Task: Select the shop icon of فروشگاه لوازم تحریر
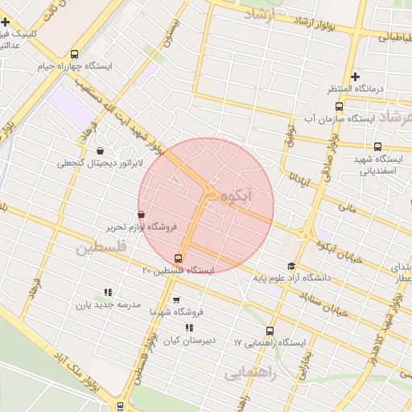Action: point(142,215)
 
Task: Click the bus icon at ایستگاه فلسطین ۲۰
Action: point(178,259)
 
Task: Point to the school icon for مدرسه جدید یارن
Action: point(107,293)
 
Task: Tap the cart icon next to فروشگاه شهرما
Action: point(175,299)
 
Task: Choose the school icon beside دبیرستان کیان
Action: point(188,328)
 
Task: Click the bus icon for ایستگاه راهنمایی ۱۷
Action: point(269,332)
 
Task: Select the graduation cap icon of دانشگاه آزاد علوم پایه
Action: point(290,266)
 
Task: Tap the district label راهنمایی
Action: point(250,373)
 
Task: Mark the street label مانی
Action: point(347,208)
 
